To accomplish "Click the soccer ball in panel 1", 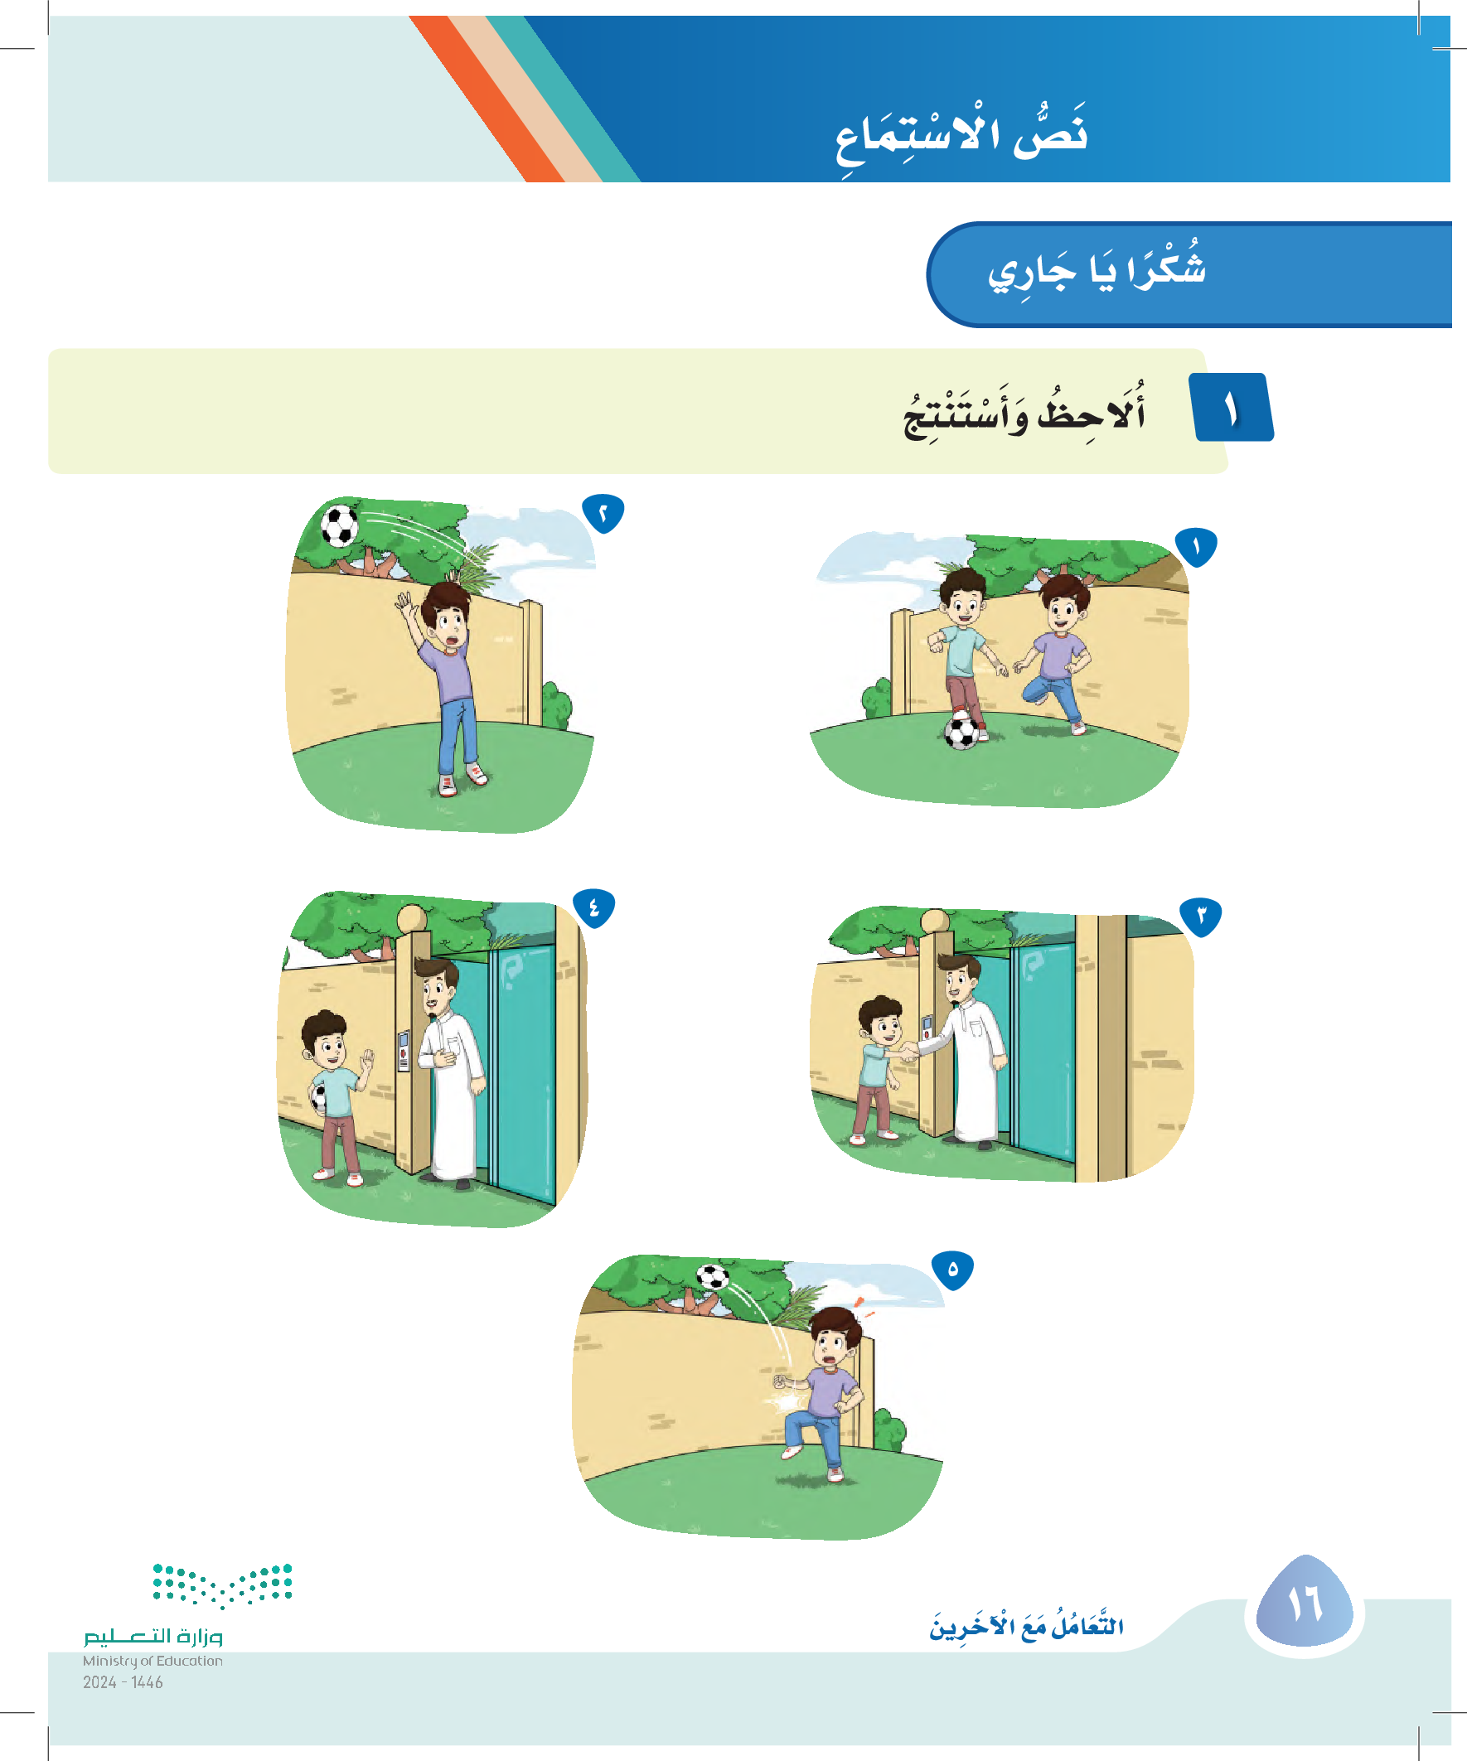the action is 961,732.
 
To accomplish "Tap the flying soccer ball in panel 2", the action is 340,525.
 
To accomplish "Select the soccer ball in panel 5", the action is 713,1276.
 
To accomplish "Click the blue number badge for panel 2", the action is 603,513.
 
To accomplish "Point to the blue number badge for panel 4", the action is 594,908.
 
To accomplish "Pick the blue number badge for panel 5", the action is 953,1270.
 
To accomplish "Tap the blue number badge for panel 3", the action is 1200,916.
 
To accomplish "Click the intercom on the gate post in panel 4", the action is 404,1051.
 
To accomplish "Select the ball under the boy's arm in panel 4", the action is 318,1098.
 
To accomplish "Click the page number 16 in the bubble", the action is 1305,1604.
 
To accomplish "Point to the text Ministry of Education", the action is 153,1661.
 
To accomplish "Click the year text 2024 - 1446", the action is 123,1682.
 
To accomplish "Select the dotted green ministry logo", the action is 222,1584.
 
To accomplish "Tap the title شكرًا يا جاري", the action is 1097,269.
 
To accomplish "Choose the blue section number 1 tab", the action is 1232,408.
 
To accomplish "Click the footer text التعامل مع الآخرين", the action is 1027,1626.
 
